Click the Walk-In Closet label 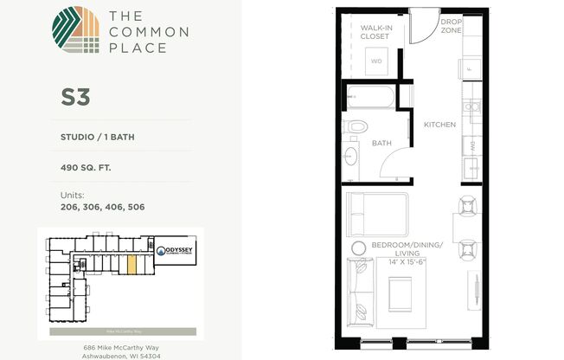(376, 32)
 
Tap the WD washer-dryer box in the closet (376, 61)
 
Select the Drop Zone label (451, 25)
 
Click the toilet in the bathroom (352, 129)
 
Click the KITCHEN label (439, 125)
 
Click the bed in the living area (376, 213)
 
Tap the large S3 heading (75, 97)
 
